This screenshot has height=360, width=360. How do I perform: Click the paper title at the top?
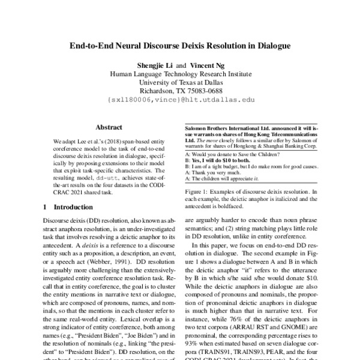pyautogui.click(x=180, y=45)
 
